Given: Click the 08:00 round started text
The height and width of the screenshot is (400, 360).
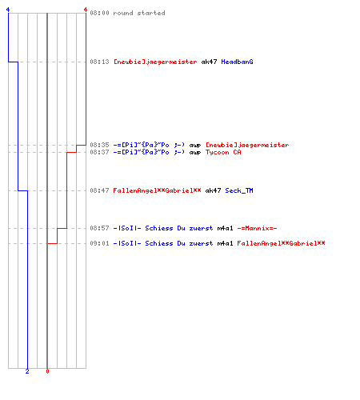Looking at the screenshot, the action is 127,13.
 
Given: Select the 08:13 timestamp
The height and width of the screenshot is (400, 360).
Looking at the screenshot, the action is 99,62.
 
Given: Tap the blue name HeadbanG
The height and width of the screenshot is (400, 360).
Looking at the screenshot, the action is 237,62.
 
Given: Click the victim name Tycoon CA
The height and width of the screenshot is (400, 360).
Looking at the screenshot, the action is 223,152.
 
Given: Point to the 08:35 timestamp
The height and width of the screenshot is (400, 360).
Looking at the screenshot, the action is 99,145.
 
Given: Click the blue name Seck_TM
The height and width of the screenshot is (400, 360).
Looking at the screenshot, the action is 239,190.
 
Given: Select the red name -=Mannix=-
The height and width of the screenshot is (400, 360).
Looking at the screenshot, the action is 257,228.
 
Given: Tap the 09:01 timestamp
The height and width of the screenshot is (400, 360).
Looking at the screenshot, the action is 99,243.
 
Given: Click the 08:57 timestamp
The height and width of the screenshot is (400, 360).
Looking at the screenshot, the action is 99,228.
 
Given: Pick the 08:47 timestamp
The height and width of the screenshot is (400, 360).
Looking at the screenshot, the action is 99,190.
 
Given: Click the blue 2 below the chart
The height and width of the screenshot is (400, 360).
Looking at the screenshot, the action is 27,371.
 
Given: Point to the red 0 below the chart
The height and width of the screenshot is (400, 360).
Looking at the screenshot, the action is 47,371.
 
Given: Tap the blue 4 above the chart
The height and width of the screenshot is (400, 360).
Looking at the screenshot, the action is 8,10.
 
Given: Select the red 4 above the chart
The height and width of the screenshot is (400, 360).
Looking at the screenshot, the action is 86,10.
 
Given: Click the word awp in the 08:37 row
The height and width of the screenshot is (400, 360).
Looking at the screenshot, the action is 195,153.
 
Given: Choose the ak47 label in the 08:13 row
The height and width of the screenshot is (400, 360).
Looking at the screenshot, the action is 209,62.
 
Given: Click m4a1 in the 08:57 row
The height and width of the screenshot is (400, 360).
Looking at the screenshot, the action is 225,228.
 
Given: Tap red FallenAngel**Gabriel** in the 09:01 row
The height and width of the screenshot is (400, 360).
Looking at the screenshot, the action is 281,243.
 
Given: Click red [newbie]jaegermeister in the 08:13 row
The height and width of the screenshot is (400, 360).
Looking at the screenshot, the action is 155,62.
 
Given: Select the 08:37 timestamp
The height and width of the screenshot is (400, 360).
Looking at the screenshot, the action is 99,152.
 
